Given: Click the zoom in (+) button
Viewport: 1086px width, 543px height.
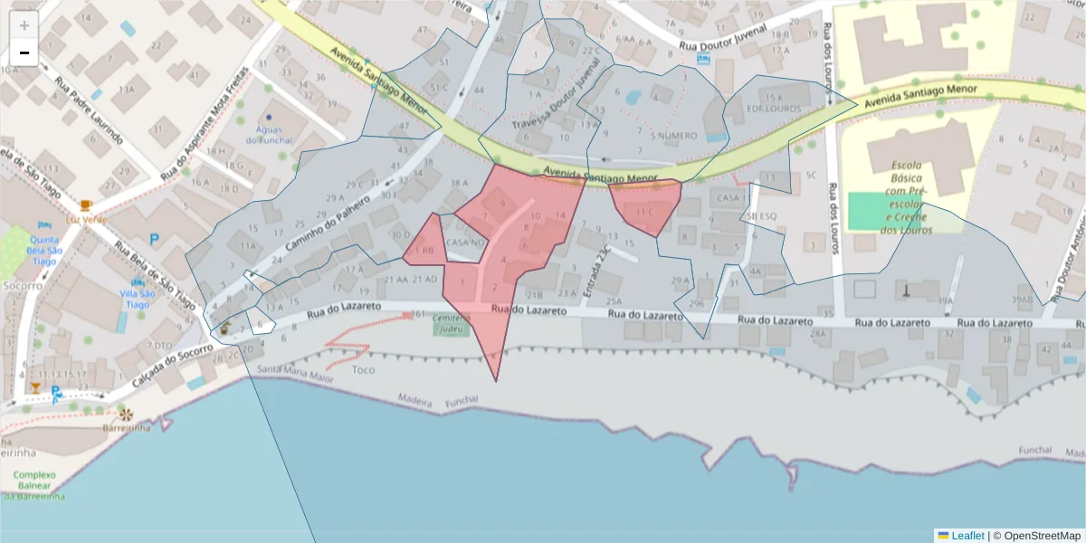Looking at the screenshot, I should (x=24, y=24).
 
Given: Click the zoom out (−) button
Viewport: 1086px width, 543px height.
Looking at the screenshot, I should (x=24, y=52).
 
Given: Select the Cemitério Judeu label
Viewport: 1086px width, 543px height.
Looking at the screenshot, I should (x=452, y=324).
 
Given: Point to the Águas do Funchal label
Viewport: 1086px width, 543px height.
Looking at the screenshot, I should (x=269, y=135).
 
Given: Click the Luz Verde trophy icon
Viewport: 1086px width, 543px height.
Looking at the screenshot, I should (x=86, y=205).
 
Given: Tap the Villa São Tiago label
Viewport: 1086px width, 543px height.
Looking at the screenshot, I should (x=137, y=299).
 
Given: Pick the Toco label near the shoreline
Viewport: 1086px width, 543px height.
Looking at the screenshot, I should (x=363, y=369).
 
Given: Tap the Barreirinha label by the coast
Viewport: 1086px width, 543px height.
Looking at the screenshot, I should (x=126, y=427).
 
